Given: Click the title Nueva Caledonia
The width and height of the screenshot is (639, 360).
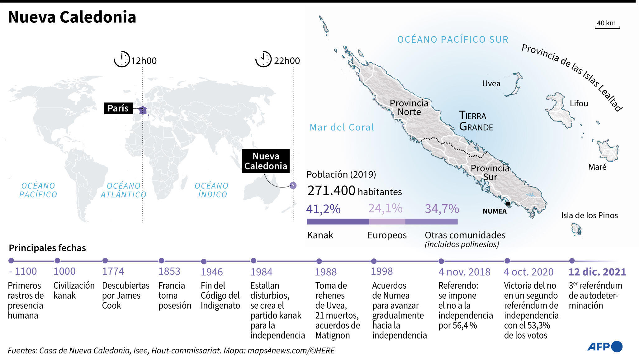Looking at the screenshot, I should (x=72, y=17).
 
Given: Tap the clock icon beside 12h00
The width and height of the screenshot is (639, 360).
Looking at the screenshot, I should (x=122, y=59).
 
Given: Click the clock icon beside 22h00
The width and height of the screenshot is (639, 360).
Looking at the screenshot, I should (x=263, y=59).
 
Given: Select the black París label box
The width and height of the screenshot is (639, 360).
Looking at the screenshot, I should (x=118, y=108).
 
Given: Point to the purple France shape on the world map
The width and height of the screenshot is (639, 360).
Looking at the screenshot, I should (x=143, y=110).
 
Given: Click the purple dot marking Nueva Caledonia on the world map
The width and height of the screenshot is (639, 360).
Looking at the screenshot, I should (x=293, y=186).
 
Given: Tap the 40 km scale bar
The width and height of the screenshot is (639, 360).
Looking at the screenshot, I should (x=607, y=27).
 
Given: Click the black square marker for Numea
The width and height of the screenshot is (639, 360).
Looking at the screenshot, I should (x=508, y=204).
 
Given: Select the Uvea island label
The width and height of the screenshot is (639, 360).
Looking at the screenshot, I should (x=491, y=83).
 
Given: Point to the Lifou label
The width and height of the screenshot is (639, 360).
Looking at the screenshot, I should (x=579, y=103).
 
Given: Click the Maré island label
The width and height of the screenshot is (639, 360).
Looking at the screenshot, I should (x=597, y=167).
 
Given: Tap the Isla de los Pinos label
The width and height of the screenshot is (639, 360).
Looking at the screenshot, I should (x=589, y=215).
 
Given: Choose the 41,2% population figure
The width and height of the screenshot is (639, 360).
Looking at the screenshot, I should (x=323, y=209).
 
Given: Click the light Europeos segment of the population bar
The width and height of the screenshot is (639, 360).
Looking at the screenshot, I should (x=387, y=222).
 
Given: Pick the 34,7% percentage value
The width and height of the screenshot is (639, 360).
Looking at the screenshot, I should (x=442, y=209).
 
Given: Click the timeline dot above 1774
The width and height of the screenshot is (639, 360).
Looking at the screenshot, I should (x=105, y=261).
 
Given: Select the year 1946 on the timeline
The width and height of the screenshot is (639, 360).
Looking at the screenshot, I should (x=211, y=272).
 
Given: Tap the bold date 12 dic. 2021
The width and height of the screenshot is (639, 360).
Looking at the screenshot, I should (x=597, y=272).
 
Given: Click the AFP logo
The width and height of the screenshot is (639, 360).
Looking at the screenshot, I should (x=604, y=347).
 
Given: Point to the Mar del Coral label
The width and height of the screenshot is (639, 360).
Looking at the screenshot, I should (x=342, y=127).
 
